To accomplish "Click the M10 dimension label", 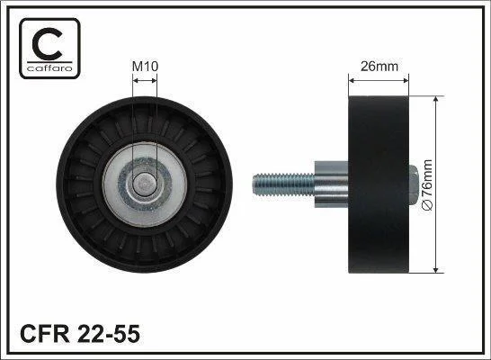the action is click(145, 66).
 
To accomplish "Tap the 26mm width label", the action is click(379, 66).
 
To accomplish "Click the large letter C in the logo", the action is click(47, 43).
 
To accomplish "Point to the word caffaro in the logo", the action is click(49, 68).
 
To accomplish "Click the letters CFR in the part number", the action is click(44, 334).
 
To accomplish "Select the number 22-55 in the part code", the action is click(108, 334).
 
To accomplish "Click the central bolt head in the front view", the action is click(144, 184).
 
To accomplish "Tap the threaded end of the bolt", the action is click(283, 184).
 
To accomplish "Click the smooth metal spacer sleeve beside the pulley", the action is click(331, 184).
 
